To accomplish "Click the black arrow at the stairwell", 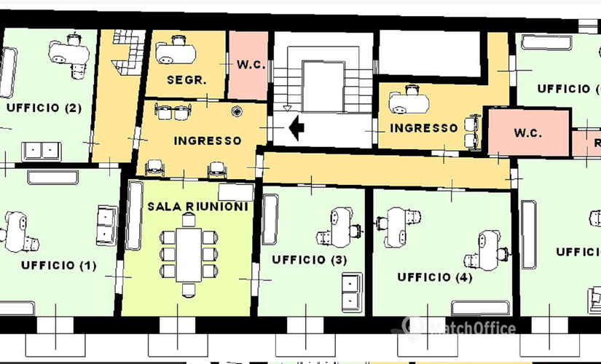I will (296, 129).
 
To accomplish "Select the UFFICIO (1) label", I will (58, 265).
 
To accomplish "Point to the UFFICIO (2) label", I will (43, 107).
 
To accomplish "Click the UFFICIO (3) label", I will (309, 259).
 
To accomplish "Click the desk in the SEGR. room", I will (178, 51).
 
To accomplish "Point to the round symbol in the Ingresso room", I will (237, 111).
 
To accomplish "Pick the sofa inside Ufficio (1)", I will (106, 225).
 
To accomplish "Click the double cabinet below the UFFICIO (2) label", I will (42, 151).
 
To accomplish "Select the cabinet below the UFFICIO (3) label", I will (353, 291).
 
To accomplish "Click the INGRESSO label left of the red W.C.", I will (424, 127).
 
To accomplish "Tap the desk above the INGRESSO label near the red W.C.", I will (408, 101).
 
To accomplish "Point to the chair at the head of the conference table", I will (189, 290).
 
